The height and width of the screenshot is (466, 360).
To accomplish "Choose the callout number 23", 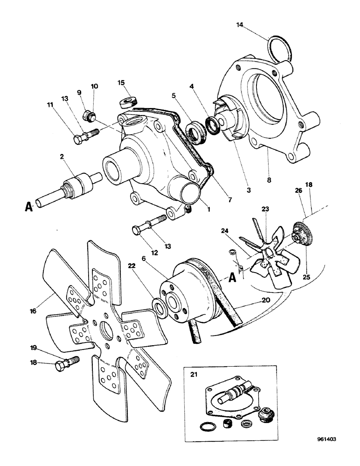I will pos(266,210).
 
